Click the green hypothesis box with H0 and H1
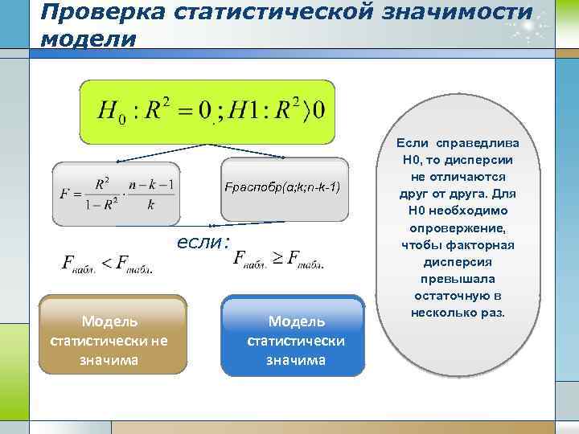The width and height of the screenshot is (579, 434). pyautogui.click(x=207, y=111)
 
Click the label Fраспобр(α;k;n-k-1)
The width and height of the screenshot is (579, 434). pyautogui.click(x=284, y=186)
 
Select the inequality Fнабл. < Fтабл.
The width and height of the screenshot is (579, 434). pyautogui.click(x=105, y=263)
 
